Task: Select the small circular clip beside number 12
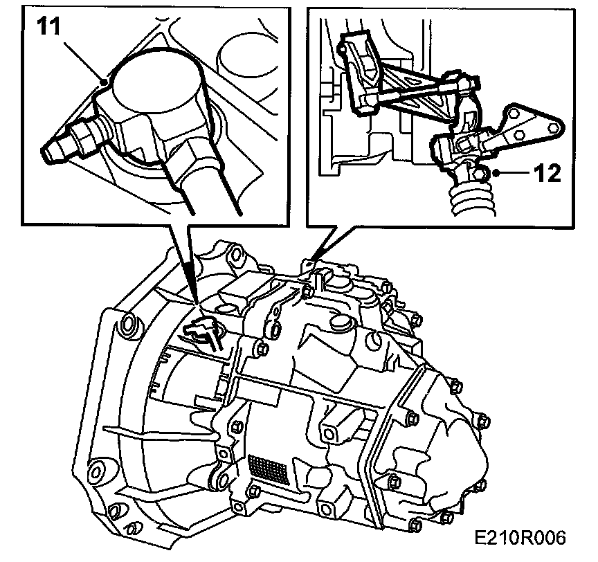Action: coord(482,172)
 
